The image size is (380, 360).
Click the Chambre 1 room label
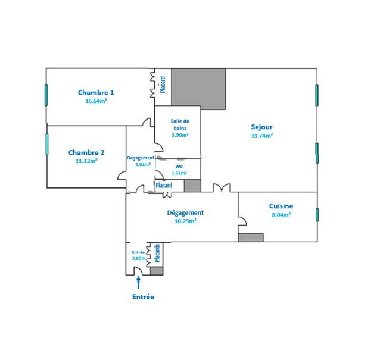coord(96,92)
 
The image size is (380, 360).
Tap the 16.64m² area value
coord(96,101)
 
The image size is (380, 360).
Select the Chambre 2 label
coord(86,152)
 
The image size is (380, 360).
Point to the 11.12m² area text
coord(87,161)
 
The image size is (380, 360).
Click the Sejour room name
coord(261,127)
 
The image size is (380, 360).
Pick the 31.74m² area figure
coord(262,136)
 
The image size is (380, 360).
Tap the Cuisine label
coord(281,206)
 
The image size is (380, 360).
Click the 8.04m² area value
coord(281,215)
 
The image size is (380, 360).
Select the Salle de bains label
coord(180,124)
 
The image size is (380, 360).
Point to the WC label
coord(179,167)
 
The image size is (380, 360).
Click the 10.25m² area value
coord(185,221)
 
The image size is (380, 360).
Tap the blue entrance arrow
coord(138,283)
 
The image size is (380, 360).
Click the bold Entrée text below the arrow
coord(143,297)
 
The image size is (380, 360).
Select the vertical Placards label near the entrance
coord(157,253)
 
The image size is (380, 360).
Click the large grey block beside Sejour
coord(198,89)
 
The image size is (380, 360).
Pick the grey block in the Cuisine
coord(251,237)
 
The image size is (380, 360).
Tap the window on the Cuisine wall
coord(317,215)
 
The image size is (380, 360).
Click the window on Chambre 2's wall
coord(47,144)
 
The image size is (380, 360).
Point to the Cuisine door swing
coord(243,221)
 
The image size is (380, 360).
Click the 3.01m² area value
coord(143,164)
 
